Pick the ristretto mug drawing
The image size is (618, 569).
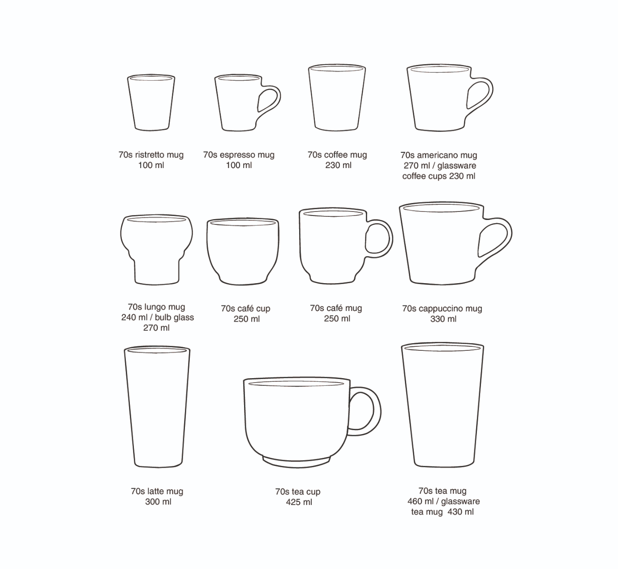point(151,102)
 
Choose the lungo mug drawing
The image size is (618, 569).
point(156,250)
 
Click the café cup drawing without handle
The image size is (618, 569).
point(243,251)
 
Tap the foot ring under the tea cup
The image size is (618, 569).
point(296,462)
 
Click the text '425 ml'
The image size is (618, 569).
point(299,502)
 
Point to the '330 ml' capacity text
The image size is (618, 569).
point(443,319)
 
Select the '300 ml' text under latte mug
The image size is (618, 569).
point(158,502)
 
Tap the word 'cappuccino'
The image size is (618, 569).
point(441,309)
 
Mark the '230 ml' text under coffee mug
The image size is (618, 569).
point(338,165)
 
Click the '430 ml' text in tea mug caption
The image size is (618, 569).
point(460,512)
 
